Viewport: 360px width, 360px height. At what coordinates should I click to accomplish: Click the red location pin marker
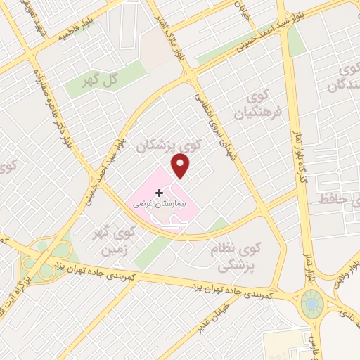pos(181,166)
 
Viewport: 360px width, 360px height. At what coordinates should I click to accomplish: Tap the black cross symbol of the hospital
pos(160,192)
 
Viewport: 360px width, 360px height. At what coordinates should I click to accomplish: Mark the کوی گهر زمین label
pos(116,240)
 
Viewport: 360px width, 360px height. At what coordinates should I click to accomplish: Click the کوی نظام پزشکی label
pos(233,258)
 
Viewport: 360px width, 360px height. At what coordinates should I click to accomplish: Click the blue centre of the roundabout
pos(311,304)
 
